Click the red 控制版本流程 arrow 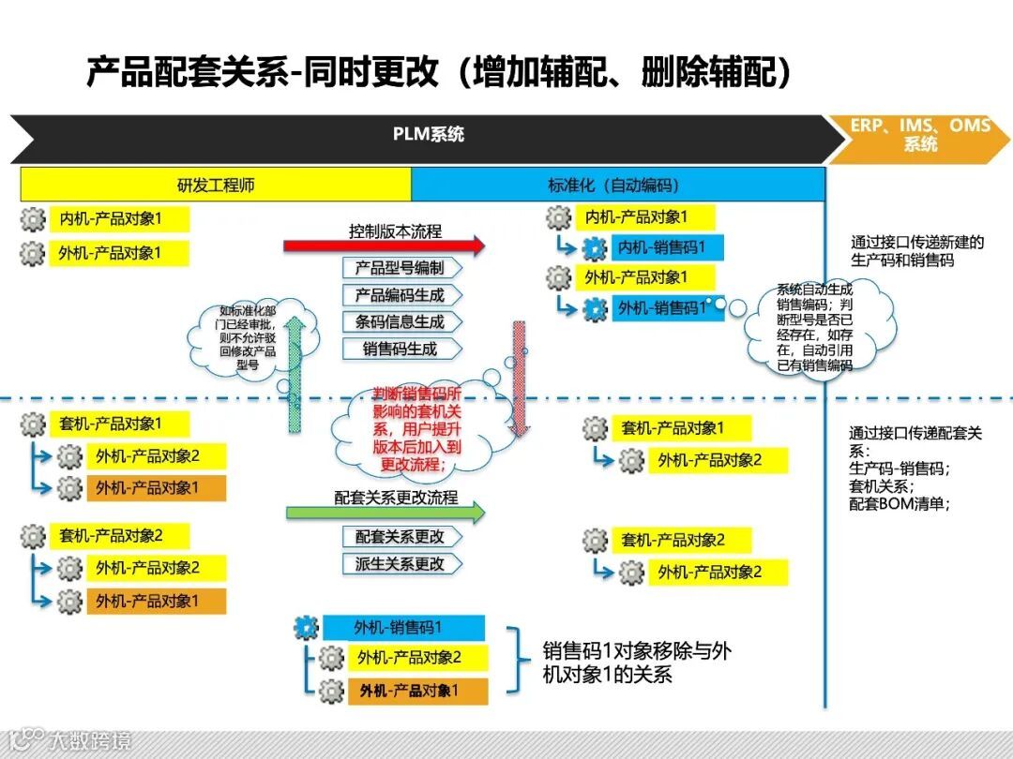(385, 246)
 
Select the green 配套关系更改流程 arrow (386, 512)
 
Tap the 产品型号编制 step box (400, 268)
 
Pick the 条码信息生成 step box (400, 321)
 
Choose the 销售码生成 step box (400, 349)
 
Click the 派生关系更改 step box (400, 564)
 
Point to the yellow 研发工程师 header (216, 185)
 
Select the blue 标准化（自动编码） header (617, 185)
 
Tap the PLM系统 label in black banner (428, 135)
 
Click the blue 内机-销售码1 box (667, 248)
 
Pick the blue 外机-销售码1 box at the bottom (403, 628)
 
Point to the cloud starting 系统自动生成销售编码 (814, 328)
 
